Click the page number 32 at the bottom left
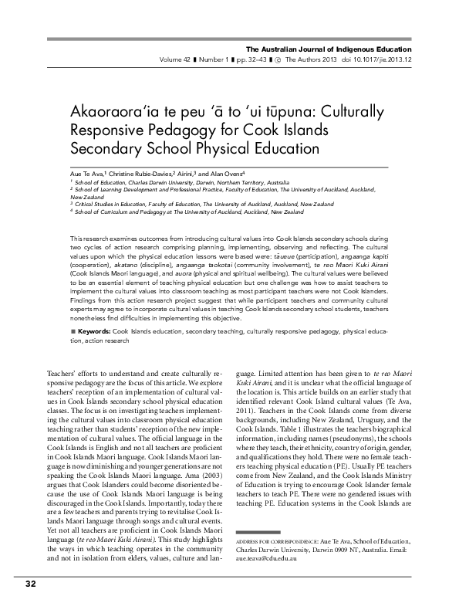(31, 583)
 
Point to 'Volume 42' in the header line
(176, 38)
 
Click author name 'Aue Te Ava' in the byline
(86, 174)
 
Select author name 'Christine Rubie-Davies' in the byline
(140, 174)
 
